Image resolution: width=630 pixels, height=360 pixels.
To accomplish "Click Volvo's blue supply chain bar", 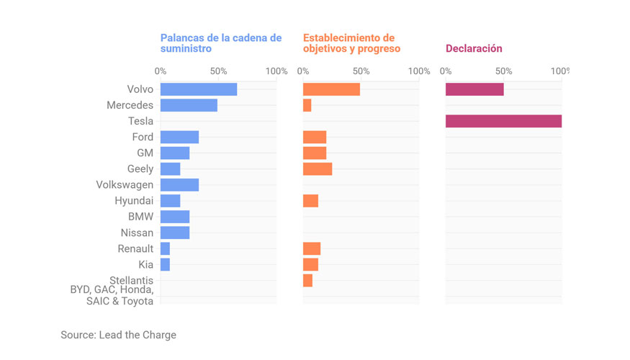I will tap(198, 89).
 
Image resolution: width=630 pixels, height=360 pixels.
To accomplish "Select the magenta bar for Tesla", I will tap(503, 121).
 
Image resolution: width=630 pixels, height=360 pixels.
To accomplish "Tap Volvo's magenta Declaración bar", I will tap(474, 89).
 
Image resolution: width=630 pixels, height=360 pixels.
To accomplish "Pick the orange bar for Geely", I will tap(318, 168).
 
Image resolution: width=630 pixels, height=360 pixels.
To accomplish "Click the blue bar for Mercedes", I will tap(189, 105).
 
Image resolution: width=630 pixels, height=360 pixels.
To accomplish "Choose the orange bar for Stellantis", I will tap(307, 280).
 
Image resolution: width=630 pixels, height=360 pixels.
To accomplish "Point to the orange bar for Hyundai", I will tap(310, 201).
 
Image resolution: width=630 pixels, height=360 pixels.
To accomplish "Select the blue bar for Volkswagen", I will tap(179, 185).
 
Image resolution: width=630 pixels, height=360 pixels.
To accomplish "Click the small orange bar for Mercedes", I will tap(307, 105).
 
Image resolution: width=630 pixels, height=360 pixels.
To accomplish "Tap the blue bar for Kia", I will tap(165, 264).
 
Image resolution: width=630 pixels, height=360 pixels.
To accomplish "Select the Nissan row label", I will tap(137, 233).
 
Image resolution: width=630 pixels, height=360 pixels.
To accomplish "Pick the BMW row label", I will tap(140, 217).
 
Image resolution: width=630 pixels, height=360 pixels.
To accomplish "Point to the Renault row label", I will tap(135, 248).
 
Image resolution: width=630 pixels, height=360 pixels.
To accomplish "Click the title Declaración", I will tap(474, 48).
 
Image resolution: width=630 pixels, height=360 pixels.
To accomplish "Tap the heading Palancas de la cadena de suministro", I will tap(220, 43).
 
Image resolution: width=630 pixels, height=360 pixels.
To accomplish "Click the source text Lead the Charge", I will tap(118, 335).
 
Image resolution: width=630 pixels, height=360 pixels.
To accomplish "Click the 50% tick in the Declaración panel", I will tap(503, 71).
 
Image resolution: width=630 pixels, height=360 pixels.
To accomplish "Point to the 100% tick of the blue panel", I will tap(276, 71).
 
